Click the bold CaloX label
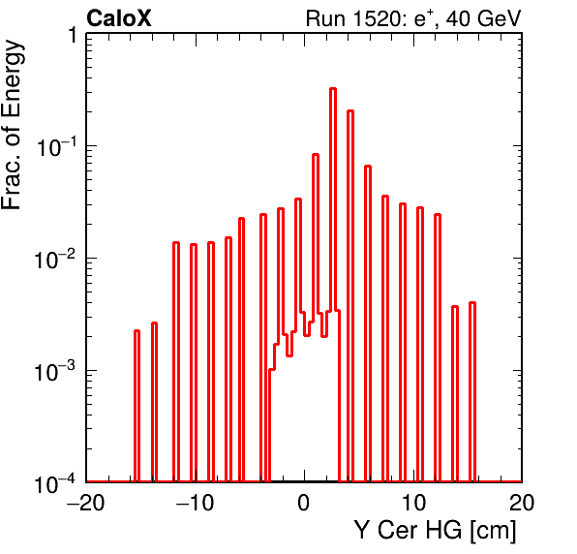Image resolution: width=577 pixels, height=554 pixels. click(119, 18)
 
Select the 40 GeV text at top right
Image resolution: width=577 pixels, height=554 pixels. click(483, 18)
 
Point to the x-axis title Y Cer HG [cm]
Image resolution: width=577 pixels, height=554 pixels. click(436, 531)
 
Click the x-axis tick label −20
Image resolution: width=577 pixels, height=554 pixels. click(86, 502)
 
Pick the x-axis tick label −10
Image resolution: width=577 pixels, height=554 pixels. click(195, 502)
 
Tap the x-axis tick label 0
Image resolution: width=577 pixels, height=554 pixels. click(304, 502)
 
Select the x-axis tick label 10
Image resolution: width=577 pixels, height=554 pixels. click(413, 502)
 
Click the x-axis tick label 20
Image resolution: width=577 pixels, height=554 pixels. click(522, 502)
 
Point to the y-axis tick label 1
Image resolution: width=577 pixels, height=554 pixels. click(73, 35)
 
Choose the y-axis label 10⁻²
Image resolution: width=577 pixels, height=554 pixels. click(56, 259)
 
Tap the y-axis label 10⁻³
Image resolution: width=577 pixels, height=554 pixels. click(56, 371)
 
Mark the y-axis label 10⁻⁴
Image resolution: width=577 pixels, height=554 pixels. click(56, 483)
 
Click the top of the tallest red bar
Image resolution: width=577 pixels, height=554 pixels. click(333, 89)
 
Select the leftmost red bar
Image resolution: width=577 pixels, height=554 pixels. click(137, 406)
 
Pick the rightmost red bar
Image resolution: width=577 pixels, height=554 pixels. click(472, 392)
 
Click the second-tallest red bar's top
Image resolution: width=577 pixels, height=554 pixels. click(350, 110)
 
